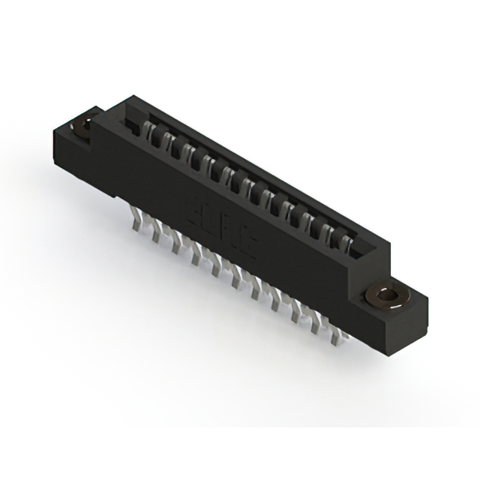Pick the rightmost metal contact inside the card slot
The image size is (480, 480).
tap(346, 244)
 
